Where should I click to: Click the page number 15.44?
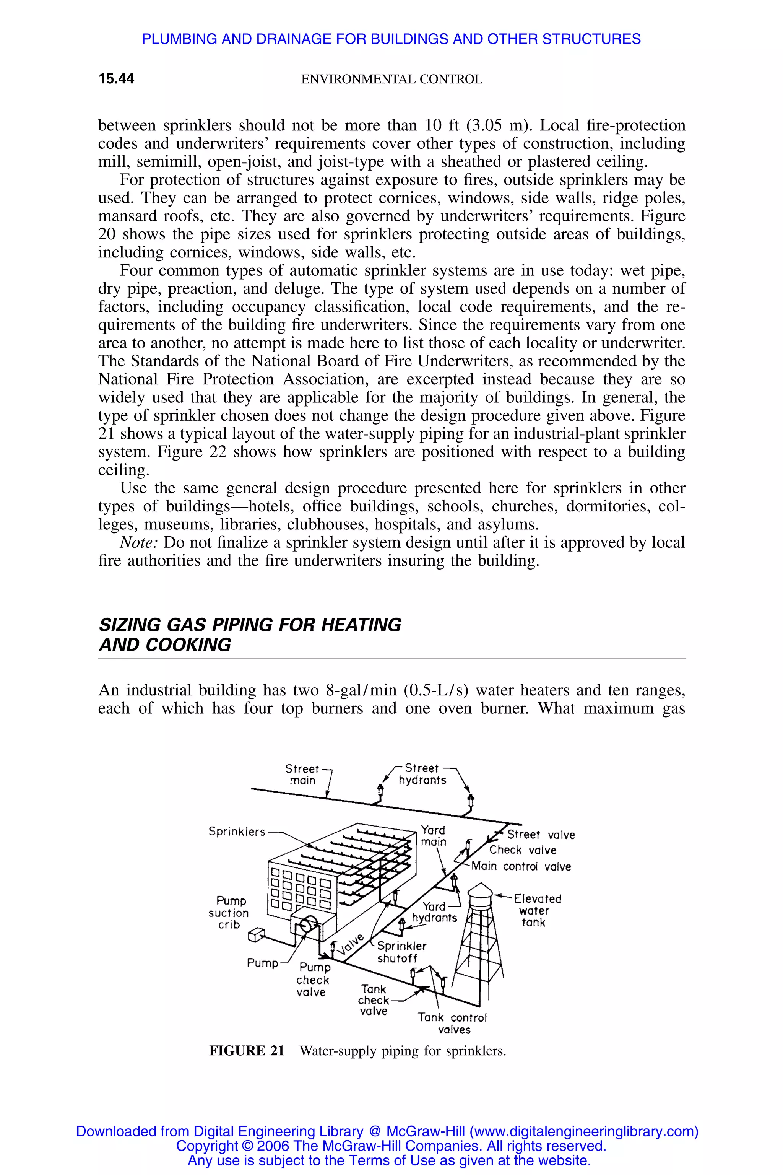[x=116, y=79]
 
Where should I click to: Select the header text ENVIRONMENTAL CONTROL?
[x=391, y=80]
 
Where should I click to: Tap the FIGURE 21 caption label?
[x=246, y=1051]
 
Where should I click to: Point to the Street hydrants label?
[x=422, y=774]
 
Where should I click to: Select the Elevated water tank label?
[x=537, y=910]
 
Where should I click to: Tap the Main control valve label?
[x=521, y=866]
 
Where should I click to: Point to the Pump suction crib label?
[x=229, y=912]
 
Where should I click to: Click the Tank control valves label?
[x=452, y=1023]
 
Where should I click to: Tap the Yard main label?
[x=433, y=836]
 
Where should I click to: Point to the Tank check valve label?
[x=374, y=1000]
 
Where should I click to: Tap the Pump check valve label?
[x=313, y=980]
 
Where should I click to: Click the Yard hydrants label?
[x=434, y=912]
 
